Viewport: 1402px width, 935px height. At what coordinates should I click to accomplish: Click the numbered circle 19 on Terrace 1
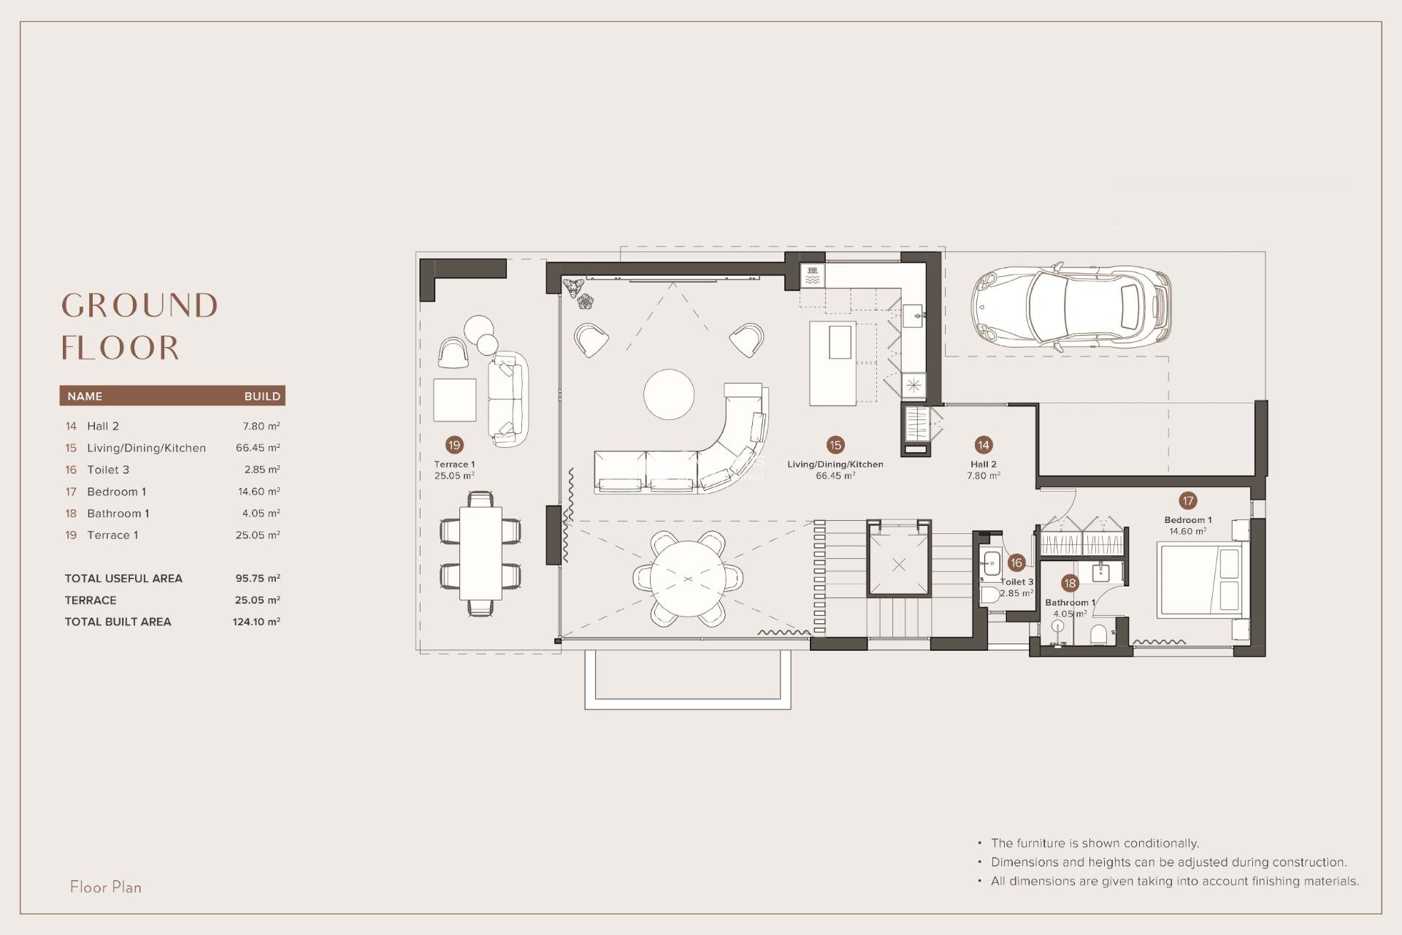454,445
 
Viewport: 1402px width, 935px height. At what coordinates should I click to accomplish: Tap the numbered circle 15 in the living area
835,445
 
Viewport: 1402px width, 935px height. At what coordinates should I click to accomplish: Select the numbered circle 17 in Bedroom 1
1187,500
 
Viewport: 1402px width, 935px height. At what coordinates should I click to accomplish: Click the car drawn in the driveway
1070,305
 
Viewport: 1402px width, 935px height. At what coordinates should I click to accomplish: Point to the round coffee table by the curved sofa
669,394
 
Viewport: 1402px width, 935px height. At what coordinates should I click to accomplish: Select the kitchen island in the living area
832,363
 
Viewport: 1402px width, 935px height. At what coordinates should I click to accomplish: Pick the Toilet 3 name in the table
107,470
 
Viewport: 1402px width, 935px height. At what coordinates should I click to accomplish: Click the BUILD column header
262,396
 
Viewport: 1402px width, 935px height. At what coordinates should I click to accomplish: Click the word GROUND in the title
139,305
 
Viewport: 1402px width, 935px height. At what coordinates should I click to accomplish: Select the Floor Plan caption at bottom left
106,887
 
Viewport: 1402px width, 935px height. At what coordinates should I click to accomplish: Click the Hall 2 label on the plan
983,465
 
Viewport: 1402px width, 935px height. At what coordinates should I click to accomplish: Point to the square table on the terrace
454,400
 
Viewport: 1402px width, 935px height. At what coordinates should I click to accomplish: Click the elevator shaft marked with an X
898,565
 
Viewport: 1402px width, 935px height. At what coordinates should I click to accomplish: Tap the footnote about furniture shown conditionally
1094,843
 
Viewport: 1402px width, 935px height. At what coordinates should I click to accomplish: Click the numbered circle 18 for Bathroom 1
1070,583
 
